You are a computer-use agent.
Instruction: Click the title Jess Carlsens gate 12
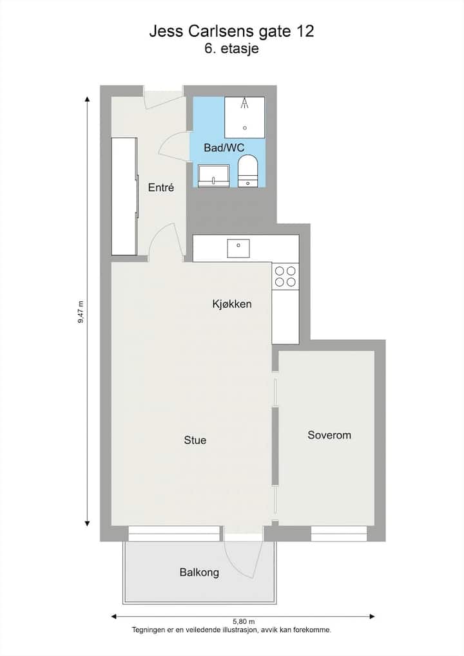point(231,32)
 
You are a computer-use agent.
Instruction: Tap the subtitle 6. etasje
point(231,48)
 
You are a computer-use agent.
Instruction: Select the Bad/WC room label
point(224,147)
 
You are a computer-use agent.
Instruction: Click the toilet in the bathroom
point(248,171)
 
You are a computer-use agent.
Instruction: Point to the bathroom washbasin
point(213,176)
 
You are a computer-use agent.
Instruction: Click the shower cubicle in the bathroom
point(244,117)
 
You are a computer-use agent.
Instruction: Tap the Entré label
point(161,187)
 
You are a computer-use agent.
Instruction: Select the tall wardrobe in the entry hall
point(124,196)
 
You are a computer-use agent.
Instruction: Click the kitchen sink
point(238,248)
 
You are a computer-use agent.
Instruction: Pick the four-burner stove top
point(285,277)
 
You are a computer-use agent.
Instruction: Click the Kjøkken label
point(232,304)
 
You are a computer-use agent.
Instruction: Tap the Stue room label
point(195,440)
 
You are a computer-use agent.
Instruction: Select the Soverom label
point(329,435)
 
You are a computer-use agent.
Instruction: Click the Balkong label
point(199,572)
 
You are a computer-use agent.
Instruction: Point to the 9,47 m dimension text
point(81,312)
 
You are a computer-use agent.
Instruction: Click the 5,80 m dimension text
point(244,622)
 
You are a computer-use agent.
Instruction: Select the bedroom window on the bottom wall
point(339,534)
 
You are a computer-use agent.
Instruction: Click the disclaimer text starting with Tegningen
point(231,630)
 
